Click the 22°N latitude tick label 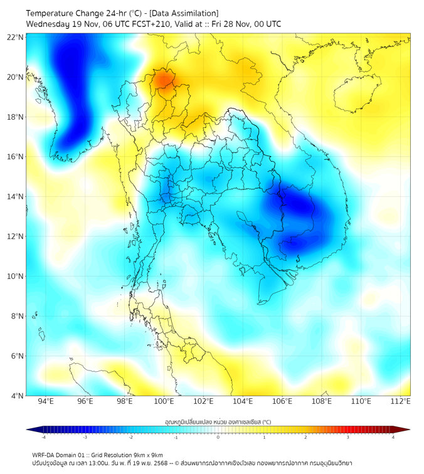click(x=16, y=37)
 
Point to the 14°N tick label click(x=16, y=197)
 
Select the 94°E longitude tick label click(x=46, y=401)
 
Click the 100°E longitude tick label click(x=164, y=401)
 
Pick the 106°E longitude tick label click(x=282, y=401)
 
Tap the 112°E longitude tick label click(x=400, y=401)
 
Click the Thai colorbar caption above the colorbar click(x=218, y=421)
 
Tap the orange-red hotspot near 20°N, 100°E click(x=164, y=80)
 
